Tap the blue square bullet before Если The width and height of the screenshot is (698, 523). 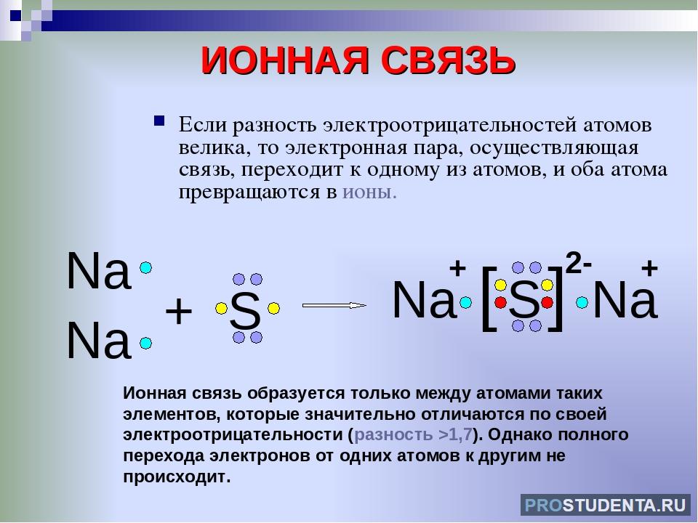coord(159,121)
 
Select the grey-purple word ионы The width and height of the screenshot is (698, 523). coord(369,192)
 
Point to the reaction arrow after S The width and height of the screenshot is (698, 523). coord(334,305)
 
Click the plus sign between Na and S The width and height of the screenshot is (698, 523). coord(179,311)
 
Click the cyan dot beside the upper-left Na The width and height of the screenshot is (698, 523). coord(145,268)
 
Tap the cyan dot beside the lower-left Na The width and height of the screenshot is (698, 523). coord(145,344)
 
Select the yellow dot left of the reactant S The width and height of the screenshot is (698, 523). coord(221,308)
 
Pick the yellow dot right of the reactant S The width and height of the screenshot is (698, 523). coord(274,308)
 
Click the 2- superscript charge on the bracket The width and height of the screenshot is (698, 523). coord(579,263)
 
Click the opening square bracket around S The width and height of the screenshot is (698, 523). coord(489,298)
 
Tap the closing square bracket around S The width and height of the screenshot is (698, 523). coord(556,298)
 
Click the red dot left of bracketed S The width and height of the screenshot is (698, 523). coord(501,302)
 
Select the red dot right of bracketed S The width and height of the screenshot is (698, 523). coord(547,302)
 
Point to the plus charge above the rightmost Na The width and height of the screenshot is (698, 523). coord(649,268)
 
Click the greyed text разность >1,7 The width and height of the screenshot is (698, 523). coord(413,434)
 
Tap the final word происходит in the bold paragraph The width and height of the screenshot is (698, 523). coord(177,477)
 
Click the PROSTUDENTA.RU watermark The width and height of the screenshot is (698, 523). coord(606,506)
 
